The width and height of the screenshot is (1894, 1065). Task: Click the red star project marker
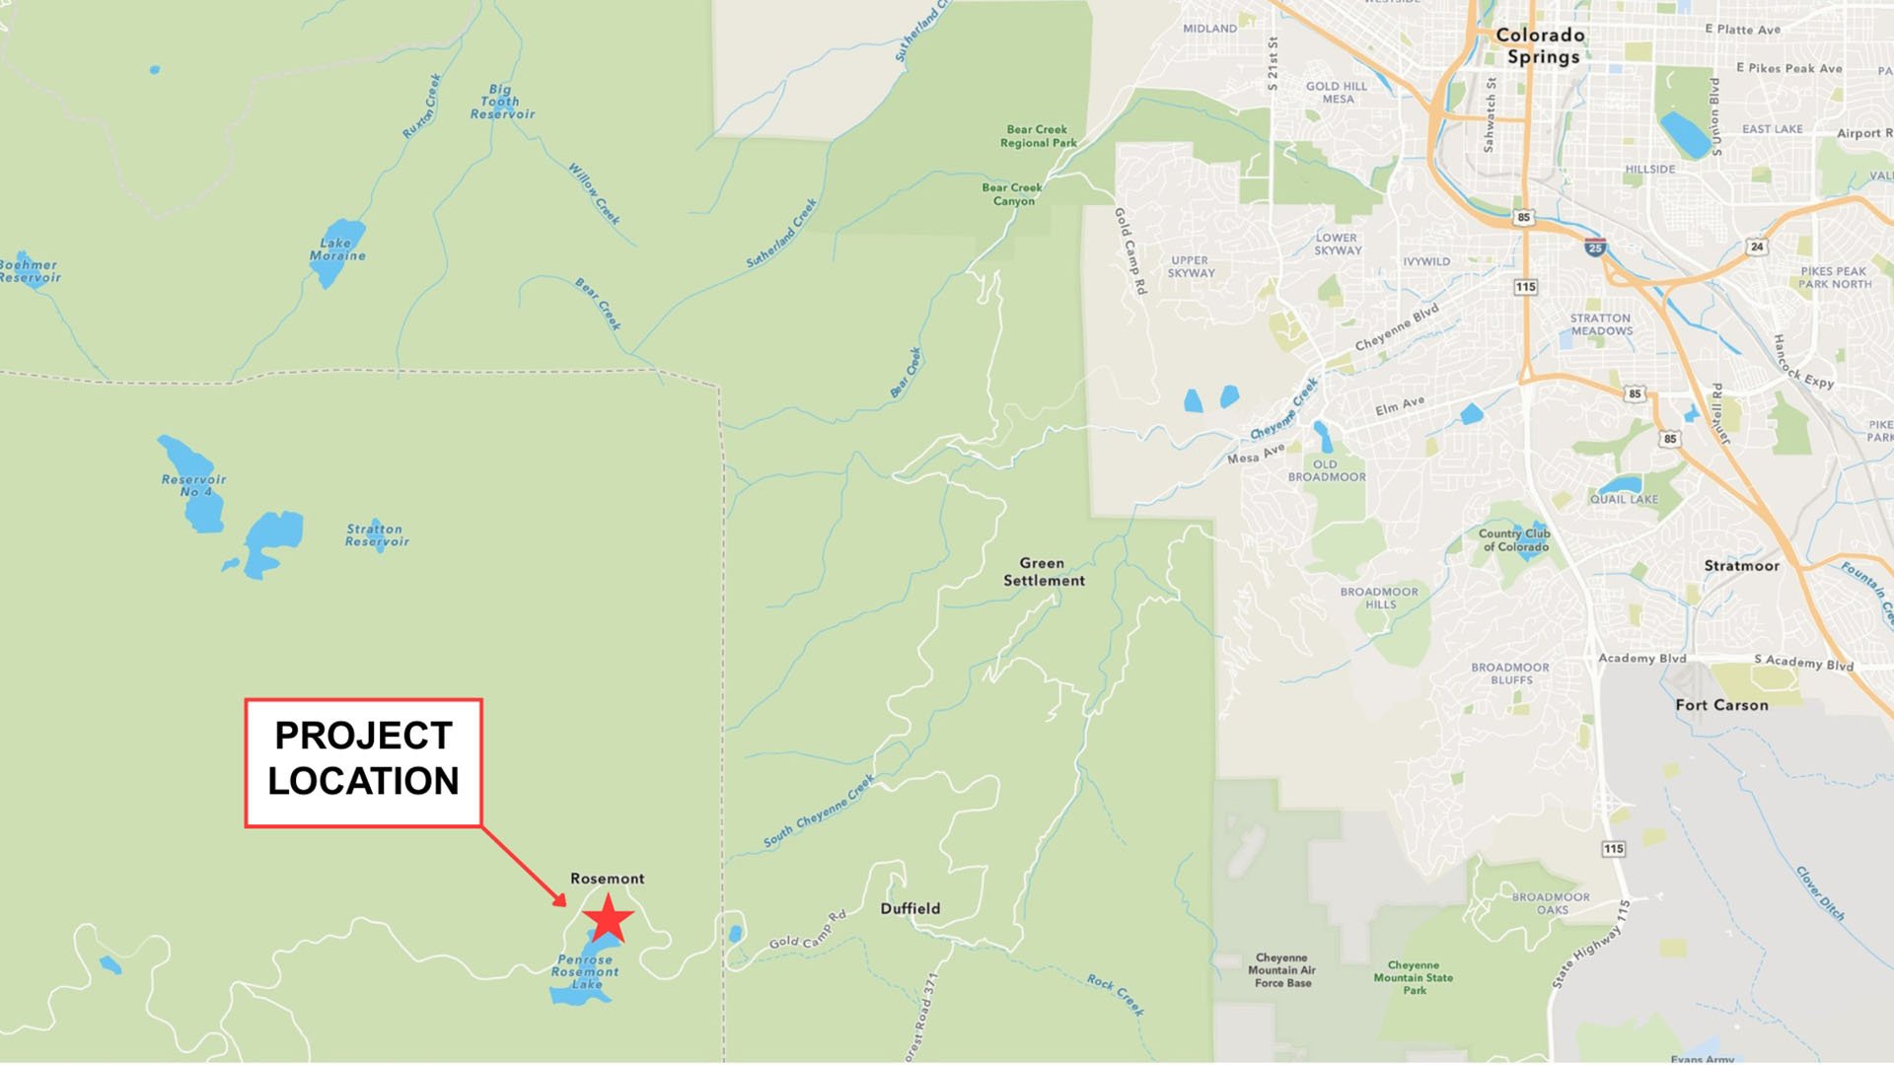pos(608,918)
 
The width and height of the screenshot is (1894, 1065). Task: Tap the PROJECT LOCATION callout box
pos(363,762)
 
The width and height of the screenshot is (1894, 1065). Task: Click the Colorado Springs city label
pos(1542,45)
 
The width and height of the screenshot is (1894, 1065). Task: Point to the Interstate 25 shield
pos(1595,248)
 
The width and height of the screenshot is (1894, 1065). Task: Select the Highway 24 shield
pos(1756,247)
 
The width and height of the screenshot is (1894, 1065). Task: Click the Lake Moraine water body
pos(335,251)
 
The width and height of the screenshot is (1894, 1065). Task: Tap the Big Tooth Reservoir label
pos(502,102)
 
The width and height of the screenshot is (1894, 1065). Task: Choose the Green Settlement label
pos(1043,572)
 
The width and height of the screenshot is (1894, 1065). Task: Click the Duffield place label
pos(910,908)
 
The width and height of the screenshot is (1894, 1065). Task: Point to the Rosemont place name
pos(607,879)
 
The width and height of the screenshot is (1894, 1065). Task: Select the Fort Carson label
pos(1721,705)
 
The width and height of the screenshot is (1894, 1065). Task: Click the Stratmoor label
pos(1741,566)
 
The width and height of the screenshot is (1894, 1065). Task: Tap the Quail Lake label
pos(1624,499)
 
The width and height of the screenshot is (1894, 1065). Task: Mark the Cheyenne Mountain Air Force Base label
pos(1281,970)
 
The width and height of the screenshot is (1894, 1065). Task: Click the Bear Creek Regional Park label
pos(1038,136)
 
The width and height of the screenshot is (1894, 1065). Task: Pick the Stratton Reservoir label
pos(376,535)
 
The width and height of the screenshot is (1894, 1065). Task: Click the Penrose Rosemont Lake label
pos(585,971)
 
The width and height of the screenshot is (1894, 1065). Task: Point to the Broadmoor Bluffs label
pos(1510,674)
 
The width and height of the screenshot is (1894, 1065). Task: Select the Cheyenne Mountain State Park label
pos(1414,977)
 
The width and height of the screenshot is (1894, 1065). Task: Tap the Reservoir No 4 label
pos(193,485)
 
